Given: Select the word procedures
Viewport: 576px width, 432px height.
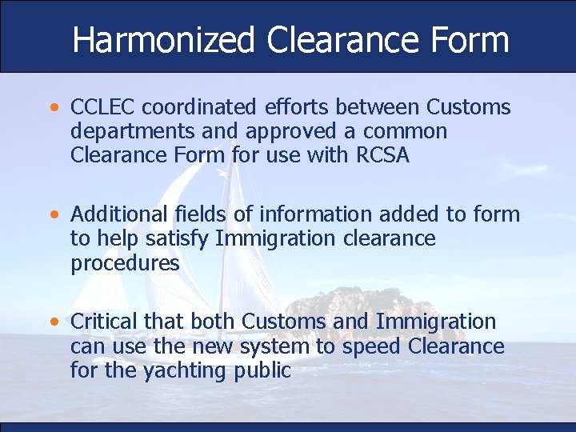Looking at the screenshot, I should click(125, 262).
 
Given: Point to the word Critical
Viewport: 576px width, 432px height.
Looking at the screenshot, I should click(104, 322).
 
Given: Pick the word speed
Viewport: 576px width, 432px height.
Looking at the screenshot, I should click(371, 346).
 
